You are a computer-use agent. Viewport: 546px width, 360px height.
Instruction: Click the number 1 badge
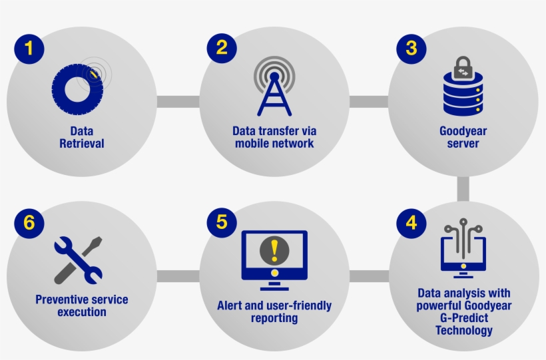[x=29, y=49]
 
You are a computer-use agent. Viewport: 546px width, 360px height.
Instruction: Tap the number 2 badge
[x=222, y=48]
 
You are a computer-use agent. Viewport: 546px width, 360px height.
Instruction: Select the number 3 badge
[x=411, y=49]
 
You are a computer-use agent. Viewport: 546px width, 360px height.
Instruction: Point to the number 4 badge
[x=411, y=223]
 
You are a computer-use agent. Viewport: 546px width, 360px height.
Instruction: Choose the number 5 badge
[x=222, y=222]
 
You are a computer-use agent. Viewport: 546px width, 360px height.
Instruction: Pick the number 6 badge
[x=29, y=223]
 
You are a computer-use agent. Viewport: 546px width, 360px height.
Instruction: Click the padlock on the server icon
[x=463, y=68]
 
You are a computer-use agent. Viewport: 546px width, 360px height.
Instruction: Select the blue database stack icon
[x=463, y=94]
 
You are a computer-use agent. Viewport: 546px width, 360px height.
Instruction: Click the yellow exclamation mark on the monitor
[x=274, y=250]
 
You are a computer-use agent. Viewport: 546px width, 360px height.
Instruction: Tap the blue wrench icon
[x=78, y=260]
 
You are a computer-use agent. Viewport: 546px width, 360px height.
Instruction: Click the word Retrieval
[x=82, y=144]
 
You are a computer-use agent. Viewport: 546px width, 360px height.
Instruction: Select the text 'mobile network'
[x=274, y=144]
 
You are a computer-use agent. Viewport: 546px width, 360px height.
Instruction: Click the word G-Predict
[x=464, y=318]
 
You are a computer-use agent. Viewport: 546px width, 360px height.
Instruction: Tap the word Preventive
[x=59, y=299]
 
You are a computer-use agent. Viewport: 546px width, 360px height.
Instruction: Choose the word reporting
[x=274, y=318]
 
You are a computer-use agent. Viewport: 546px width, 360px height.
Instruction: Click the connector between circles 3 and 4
[x=463, y=189]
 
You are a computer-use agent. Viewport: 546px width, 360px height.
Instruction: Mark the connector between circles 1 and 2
[x=178, y=102]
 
